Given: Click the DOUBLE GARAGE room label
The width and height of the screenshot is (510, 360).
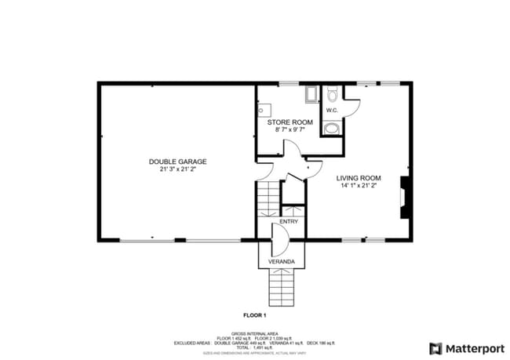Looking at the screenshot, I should pos(177,162).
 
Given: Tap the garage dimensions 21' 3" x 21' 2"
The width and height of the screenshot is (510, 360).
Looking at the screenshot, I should pos(177,169).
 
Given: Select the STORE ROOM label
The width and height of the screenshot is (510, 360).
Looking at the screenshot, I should pos(290,122).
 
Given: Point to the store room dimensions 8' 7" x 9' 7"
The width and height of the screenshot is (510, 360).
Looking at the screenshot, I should pos(290,130).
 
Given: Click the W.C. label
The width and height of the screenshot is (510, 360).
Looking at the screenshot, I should pos(332,111).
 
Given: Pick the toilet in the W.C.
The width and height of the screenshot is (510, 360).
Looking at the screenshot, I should pos(332,95).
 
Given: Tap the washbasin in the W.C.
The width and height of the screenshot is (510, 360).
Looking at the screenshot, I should pos(331,128).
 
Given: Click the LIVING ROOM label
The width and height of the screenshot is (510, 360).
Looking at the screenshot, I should pos(359,178).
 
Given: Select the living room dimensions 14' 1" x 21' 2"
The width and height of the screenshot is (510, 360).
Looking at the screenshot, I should pos(359,187).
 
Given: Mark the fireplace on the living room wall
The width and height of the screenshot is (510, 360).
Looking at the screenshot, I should pos(404,196).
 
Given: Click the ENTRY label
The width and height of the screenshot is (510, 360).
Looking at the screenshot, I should pos(289,222).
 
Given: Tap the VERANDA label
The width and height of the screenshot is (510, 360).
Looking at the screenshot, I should pos(282,260).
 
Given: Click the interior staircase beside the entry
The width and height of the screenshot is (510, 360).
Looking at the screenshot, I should pos(268,199).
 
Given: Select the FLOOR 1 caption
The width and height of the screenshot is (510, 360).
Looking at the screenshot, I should pos(255,315).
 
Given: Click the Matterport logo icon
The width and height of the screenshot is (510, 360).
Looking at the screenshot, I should pos(435,348).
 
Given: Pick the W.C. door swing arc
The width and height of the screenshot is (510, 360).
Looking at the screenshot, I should pos(352,108).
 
